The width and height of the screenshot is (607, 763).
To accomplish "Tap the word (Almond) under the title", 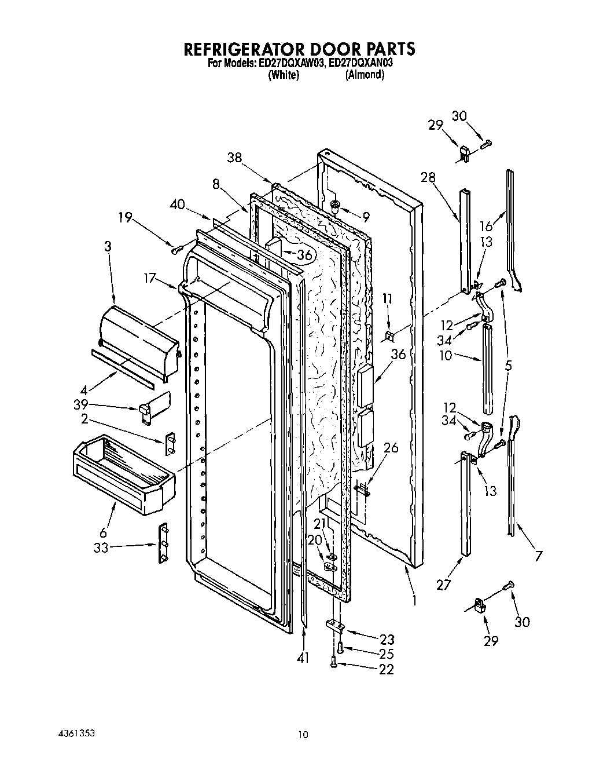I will (365, 75).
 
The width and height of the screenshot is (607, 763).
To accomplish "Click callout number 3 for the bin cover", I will (108, 246).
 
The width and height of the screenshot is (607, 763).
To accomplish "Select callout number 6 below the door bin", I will (104, 532).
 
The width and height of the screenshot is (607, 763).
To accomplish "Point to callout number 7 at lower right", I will (539, 557).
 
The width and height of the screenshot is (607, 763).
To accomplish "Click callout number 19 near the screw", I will (126, 218).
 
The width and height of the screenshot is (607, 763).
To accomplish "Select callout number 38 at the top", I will (234, 156).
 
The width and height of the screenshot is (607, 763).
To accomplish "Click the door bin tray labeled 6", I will (123, 473).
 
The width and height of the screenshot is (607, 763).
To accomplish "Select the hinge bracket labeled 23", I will (334, 626).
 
